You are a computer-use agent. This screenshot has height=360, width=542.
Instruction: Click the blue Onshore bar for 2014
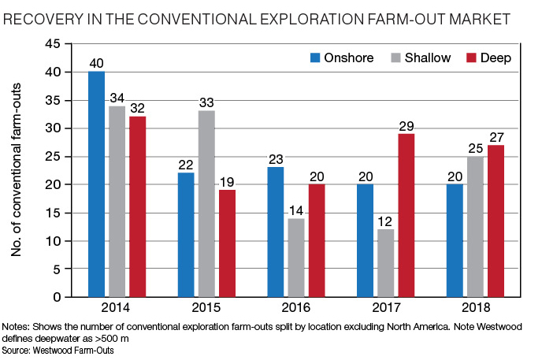click(97, 184)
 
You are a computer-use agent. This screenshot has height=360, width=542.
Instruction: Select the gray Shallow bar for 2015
click(206, 204)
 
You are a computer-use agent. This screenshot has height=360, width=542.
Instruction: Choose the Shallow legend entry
click(417, 58)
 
